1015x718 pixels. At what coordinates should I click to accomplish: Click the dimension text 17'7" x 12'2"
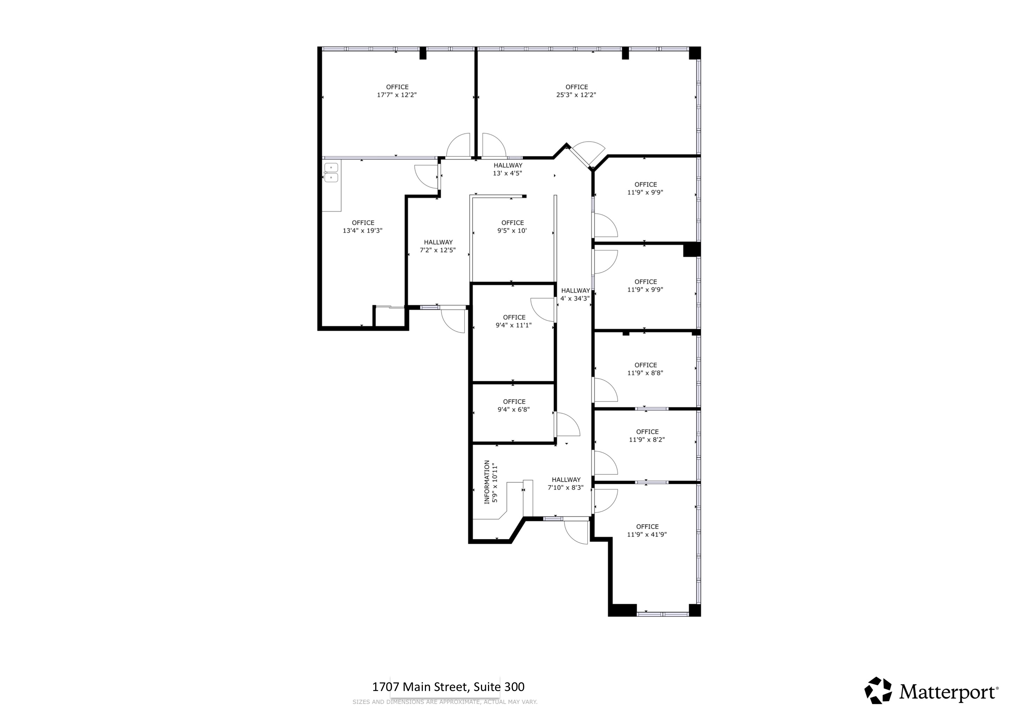coord(397,95)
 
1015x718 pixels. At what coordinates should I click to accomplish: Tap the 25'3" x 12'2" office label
coord(576,91)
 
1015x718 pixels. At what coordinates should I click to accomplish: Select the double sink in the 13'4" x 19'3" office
coord(331,173)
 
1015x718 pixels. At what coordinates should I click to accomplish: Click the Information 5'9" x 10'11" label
coord(491,482)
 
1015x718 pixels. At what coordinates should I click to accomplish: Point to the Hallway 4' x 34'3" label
coord(575,294)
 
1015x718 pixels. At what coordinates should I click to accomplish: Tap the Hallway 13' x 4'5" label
coord(508,169)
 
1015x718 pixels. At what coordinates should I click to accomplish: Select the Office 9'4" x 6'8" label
coord(513,405)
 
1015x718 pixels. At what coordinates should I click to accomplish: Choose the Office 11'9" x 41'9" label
coord(647,530)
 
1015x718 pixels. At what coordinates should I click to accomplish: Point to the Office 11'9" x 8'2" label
coord(647,435)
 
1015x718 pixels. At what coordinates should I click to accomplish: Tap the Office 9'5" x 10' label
coord(512,227)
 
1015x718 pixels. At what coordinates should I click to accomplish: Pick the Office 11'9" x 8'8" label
coord(645,369)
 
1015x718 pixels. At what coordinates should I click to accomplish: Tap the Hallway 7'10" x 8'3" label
coord(566,484)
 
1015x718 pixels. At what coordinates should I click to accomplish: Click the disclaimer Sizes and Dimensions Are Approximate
coord(445,702)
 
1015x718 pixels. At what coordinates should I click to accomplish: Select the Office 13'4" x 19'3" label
coord(363,227)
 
